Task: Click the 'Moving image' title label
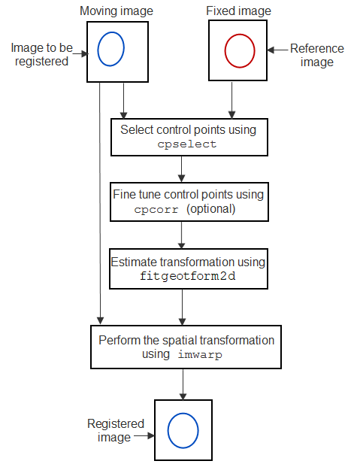pos(116,11)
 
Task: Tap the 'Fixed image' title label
pos(238,11)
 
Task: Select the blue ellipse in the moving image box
pos(97,49)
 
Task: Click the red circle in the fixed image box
pos(225,51)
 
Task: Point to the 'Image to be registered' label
pos(41,54)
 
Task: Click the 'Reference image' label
pos(317,56)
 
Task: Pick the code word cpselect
pos(187,144)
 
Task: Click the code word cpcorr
pos(156,210)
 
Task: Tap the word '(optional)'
pos(211,209)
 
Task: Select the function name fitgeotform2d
pos(188,276)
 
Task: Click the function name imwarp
pos(200,354)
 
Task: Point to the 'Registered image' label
pos(116,430)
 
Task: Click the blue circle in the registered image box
pos(168,431)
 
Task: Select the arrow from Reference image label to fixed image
pos(277,50)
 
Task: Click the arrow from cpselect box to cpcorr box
pos(182,169)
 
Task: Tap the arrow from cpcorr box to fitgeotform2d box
pos(182,235)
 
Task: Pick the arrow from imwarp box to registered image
pos(183,384)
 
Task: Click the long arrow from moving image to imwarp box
pos(100,203)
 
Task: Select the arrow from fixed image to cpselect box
pos(232,100)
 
